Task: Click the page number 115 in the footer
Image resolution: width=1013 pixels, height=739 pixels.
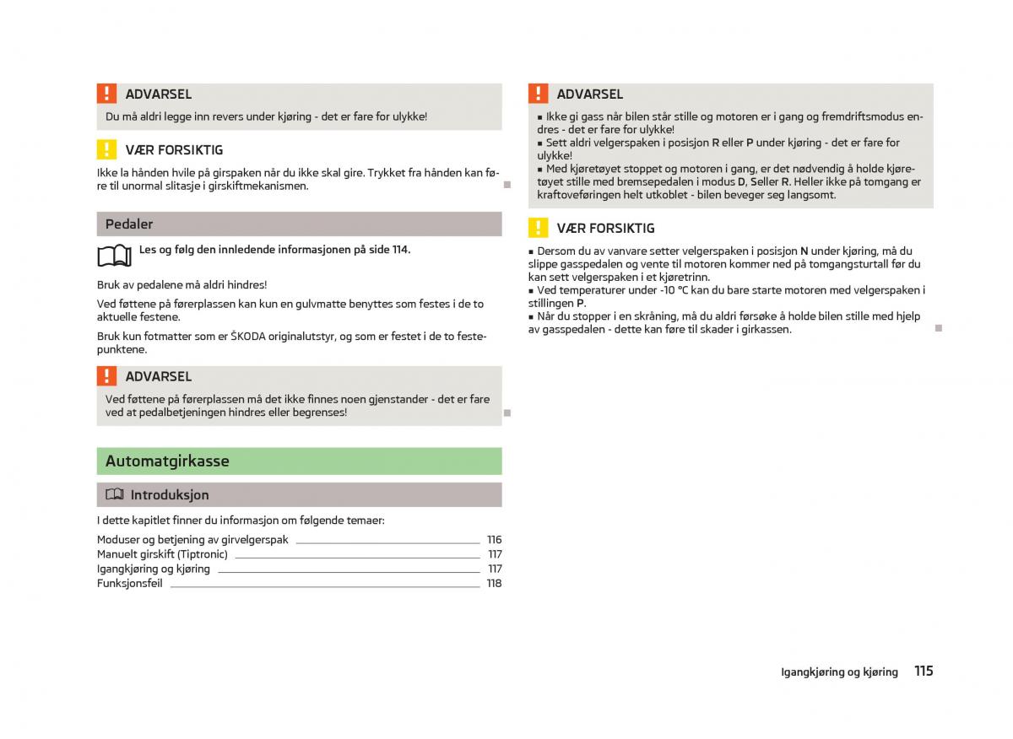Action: [923, 672]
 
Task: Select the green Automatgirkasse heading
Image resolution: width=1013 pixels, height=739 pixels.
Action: [167, 461]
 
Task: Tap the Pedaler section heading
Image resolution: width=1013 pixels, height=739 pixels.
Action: [129, 224]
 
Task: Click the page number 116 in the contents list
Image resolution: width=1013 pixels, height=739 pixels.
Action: [494, 540]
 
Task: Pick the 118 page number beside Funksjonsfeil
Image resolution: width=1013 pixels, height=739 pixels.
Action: [494, 583]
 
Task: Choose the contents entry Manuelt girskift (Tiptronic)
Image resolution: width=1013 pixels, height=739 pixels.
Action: [162, 554]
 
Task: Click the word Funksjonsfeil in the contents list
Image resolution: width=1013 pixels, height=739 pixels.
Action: [129, 583]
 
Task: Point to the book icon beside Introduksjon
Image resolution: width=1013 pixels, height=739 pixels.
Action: [115, 494]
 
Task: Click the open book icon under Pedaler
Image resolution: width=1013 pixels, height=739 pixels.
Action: [115, 254]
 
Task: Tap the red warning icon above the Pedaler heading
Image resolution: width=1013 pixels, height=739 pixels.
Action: [106, 94]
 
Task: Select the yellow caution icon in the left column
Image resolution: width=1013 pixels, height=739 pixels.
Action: [106, 150]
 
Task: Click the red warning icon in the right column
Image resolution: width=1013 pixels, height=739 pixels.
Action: [538, 94]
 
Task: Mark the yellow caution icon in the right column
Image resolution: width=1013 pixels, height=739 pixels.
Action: [538, 228]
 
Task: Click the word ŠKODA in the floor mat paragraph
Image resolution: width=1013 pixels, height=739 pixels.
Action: [248, 337]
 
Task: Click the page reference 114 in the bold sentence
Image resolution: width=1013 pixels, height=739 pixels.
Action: [399, 250]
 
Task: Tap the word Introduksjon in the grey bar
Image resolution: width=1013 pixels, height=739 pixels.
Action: [170, 495]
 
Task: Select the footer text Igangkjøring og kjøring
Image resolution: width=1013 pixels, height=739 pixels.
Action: [839, 672]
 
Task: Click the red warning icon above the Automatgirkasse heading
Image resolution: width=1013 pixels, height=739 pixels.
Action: [106, 376]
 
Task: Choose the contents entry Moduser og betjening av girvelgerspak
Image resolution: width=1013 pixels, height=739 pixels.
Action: [192, 540]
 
